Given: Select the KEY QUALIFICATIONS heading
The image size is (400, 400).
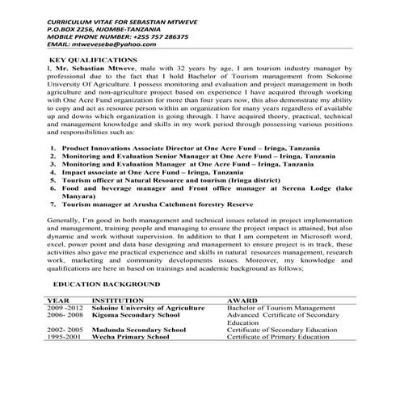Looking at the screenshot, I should pyautogui.click(x=93, y=61).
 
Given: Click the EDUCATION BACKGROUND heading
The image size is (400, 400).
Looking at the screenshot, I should pyautogui.click(x=107, y=285).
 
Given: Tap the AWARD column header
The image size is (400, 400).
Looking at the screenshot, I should pyautogui.click(x=244, y=301).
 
